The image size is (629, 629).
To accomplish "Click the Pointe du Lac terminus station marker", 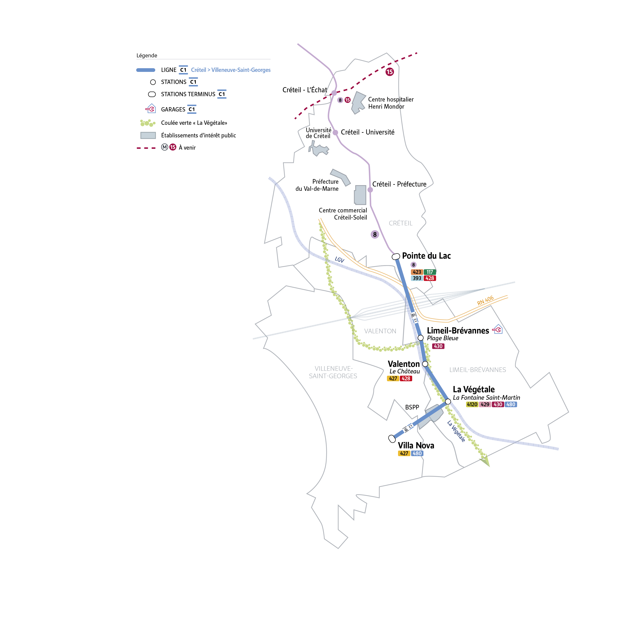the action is [x=396, y=256].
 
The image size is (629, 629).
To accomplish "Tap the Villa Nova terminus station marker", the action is [x=392, y=439].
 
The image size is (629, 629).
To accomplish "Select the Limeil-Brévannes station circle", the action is [x=421, y=338].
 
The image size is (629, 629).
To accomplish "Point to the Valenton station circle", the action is [x=425, y=364].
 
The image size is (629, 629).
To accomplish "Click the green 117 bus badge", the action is [x=430, y=272].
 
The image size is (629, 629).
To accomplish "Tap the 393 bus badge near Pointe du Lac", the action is [x=417, y=278].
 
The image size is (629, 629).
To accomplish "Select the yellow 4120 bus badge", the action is [x=472, y=404].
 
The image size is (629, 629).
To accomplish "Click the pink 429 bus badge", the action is [x=485, y=404].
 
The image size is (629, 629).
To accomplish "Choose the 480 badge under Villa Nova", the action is [x=417, y=453].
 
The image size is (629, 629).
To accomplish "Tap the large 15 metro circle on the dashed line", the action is [x=390, y=72].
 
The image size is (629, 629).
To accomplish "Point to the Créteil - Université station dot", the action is [x=335, y=133].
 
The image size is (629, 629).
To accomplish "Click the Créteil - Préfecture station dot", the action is [x=370, y=190].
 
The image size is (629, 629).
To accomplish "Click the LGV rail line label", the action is [x=340, y=259].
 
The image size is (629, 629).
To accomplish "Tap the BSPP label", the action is [x=412, y=407].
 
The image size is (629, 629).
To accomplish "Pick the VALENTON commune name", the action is [x=380, y=331].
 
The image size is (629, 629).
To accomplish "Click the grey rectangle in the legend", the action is [x=148, y=135].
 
